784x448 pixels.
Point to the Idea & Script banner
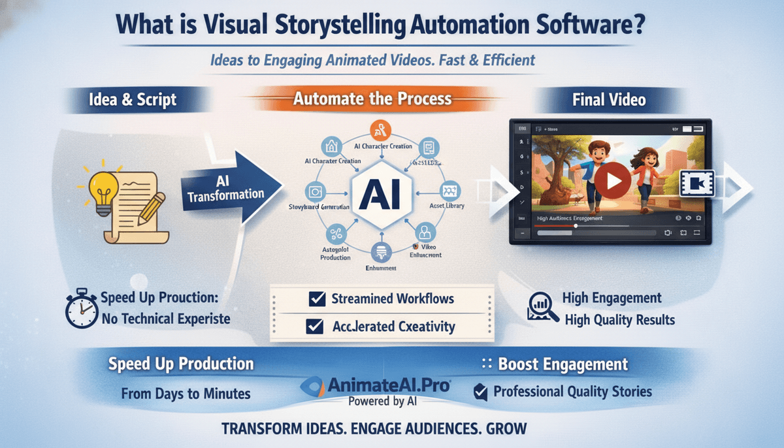click(133, 100)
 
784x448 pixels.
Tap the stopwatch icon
click(82, 310)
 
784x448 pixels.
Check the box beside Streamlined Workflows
click(317, 299)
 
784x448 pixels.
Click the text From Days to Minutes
click(186, 394)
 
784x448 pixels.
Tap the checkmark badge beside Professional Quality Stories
click(480, 392)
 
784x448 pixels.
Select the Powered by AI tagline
click(385, 401)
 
